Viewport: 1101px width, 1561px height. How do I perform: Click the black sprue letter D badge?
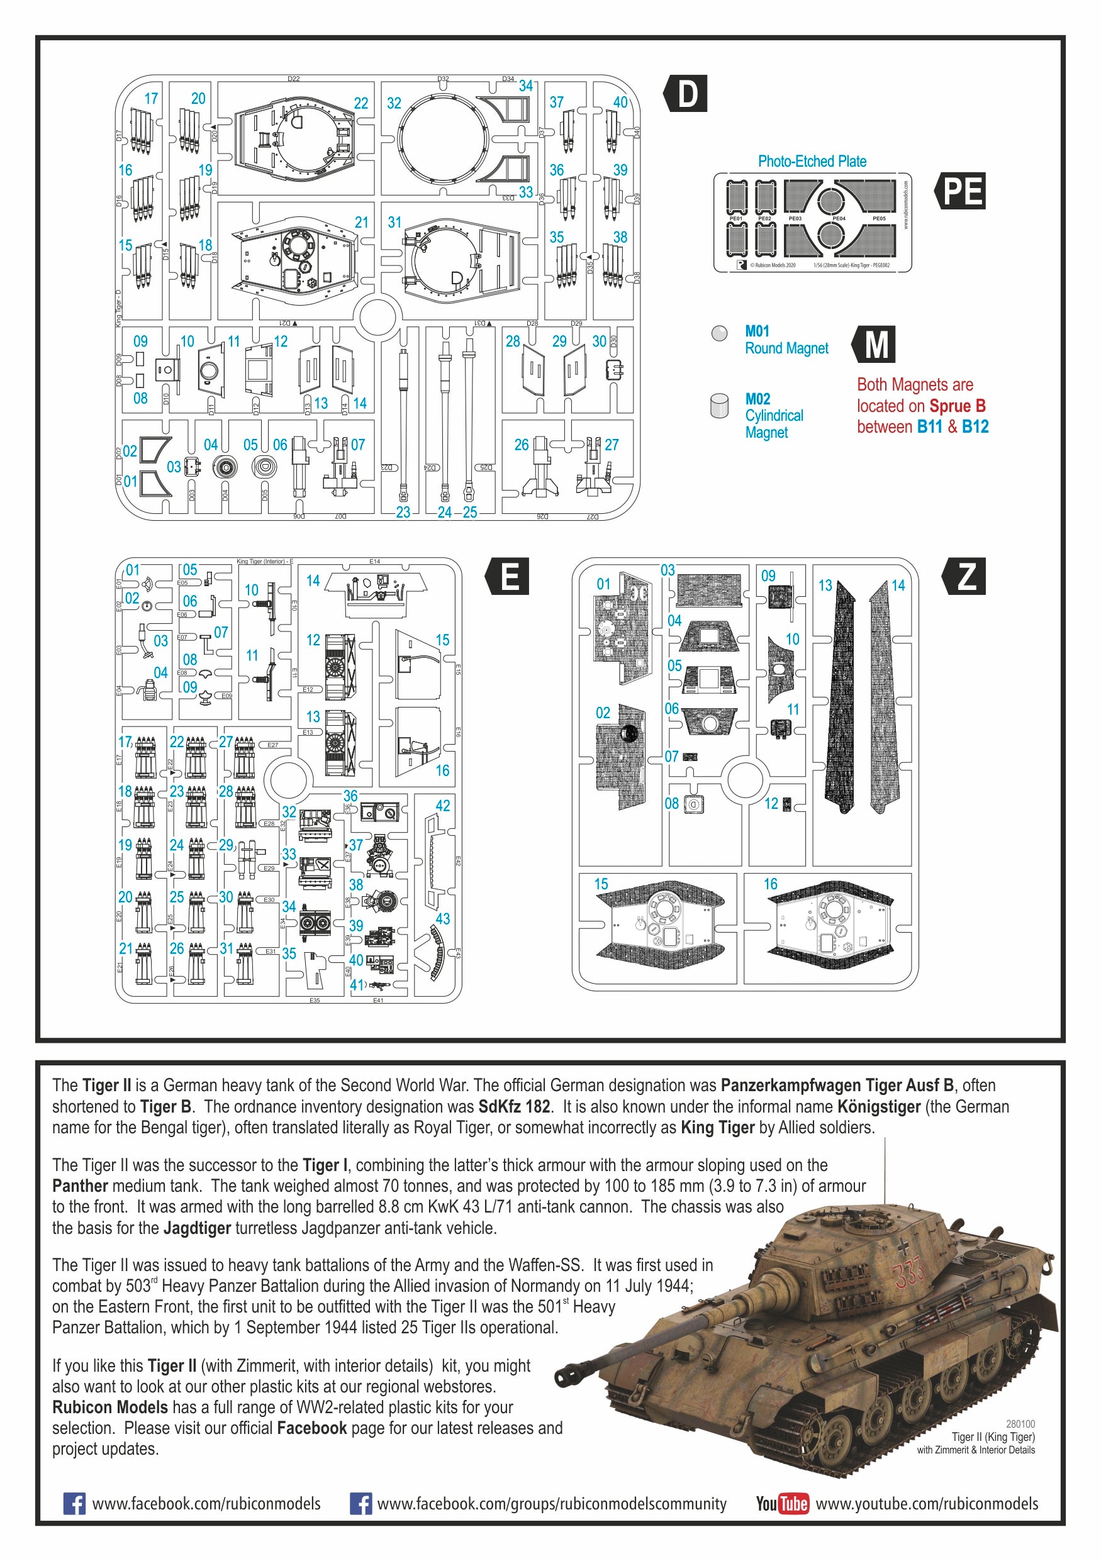[x=686, y=94]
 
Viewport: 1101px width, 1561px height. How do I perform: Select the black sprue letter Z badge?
[x=964, y=577]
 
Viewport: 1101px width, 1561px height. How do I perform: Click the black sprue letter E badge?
[x=507, y=577]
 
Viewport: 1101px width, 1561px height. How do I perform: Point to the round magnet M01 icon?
[x=719, y=333]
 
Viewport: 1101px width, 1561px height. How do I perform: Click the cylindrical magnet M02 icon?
[x=719, y=406]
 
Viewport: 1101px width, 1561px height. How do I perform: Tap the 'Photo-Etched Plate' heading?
[x=812, y=161]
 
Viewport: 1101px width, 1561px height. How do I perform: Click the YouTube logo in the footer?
[x=782, y=1503]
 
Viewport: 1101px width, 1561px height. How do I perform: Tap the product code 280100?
[x=1020, y=1424]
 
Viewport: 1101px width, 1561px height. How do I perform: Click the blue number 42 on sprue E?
[x=443, y=806]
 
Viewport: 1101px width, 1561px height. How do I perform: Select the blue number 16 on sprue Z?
[x=770, y=884]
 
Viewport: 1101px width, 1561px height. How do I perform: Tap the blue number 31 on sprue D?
[x=394, y=222]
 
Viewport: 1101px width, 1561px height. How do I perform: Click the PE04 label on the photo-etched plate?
[x=839, y=219]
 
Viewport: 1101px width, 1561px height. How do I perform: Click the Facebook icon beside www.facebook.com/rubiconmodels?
[x=74, y=1503]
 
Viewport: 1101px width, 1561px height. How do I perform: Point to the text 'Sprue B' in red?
[x=957, y=406]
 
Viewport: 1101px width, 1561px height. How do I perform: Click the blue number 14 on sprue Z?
[x=898, y=586]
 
